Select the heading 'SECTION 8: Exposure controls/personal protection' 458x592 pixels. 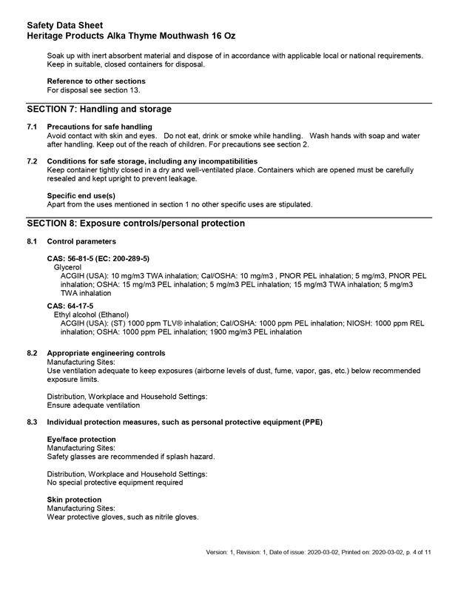[135, 223]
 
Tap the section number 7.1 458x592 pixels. [32, 127]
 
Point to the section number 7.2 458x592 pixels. [32, 161]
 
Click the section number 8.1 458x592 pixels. [32, 242]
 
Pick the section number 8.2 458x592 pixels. [32, 353]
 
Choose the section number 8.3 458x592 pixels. [32, 421]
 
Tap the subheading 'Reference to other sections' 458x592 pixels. [95, 81]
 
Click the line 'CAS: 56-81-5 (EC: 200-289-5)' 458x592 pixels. [98, 258]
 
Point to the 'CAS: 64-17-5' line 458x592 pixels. [70, 305]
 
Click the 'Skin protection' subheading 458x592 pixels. [74, 499]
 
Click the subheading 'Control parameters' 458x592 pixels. [81, 242]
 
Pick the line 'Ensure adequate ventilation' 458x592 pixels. [93, 406]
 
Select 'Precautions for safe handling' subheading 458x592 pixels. [99, 127]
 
